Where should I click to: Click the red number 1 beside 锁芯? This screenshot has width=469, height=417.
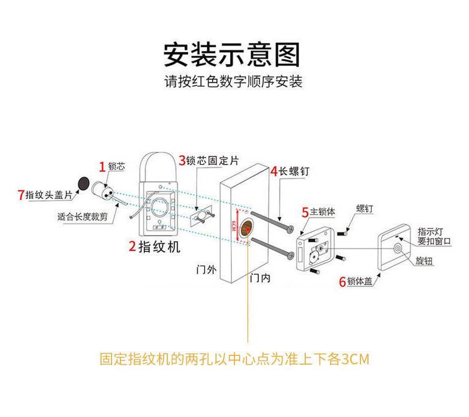tap(102, 167)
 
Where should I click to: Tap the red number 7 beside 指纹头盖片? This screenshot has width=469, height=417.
tap(21, 194)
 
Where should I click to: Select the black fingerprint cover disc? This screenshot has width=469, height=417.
tap(84, 183)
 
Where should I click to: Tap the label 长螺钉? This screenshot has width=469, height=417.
tap(294, 171)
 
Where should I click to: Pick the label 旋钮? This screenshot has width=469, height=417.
tap(423, 262)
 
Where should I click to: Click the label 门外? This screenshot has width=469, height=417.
tap(206, 270)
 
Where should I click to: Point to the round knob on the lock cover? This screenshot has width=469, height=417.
tap(398, 249)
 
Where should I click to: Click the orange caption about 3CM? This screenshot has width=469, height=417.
tap(235, 359)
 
